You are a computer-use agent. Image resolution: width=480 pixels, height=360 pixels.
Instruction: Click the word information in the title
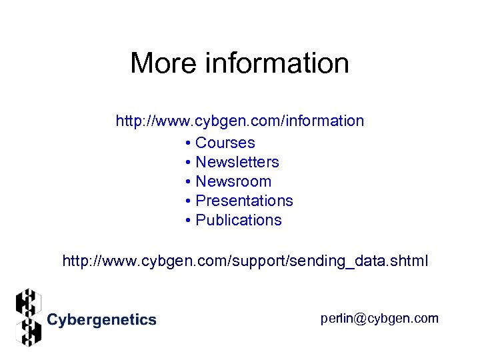pos(277,63)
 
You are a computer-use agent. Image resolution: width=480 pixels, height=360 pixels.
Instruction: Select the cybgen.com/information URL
pos(240,121)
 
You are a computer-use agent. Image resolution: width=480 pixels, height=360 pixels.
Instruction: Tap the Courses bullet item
pos(225,143)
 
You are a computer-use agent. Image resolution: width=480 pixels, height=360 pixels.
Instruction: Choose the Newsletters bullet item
pos(237,162)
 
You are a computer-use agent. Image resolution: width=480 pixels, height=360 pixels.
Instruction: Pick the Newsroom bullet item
pos(233,181)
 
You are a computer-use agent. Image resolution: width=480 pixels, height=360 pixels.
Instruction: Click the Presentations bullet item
pos(244,201)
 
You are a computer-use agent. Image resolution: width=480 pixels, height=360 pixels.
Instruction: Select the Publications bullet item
pos(238,220)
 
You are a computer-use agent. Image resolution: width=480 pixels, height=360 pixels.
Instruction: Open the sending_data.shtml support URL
pos(245,261)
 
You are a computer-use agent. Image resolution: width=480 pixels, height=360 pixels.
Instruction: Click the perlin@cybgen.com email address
pos(379,319)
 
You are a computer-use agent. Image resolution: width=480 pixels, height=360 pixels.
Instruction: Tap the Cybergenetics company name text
pos(101,320)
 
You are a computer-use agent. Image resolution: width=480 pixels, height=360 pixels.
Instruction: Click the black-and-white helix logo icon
pos(28,317)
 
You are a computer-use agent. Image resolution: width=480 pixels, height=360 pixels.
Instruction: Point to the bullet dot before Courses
pos(189,143)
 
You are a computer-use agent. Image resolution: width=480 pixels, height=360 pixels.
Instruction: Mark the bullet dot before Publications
pos(189,221)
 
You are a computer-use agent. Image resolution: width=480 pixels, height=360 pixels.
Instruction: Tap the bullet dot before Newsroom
pos(189,182)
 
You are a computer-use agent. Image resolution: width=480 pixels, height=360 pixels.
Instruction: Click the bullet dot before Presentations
pos(189,201)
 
